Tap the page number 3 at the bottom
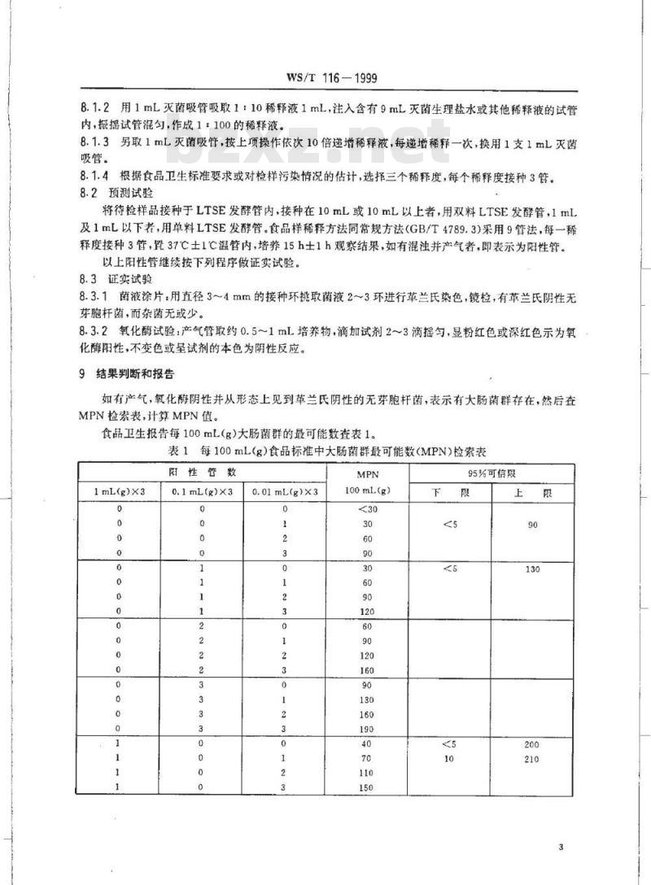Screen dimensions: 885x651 click(x=561, y=848)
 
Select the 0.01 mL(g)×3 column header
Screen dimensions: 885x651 click(x=286, y=491)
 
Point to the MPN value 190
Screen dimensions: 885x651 click(x=367, y=729)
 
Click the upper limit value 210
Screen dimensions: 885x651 click(x=532, y=758)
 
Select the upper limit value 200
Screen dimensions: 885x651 click(x=532, y=743)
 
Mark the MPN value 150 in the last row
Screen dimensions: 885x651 click(x=367, y=787)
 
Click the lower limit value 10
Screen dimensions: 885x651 click(x=449, y=758)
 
